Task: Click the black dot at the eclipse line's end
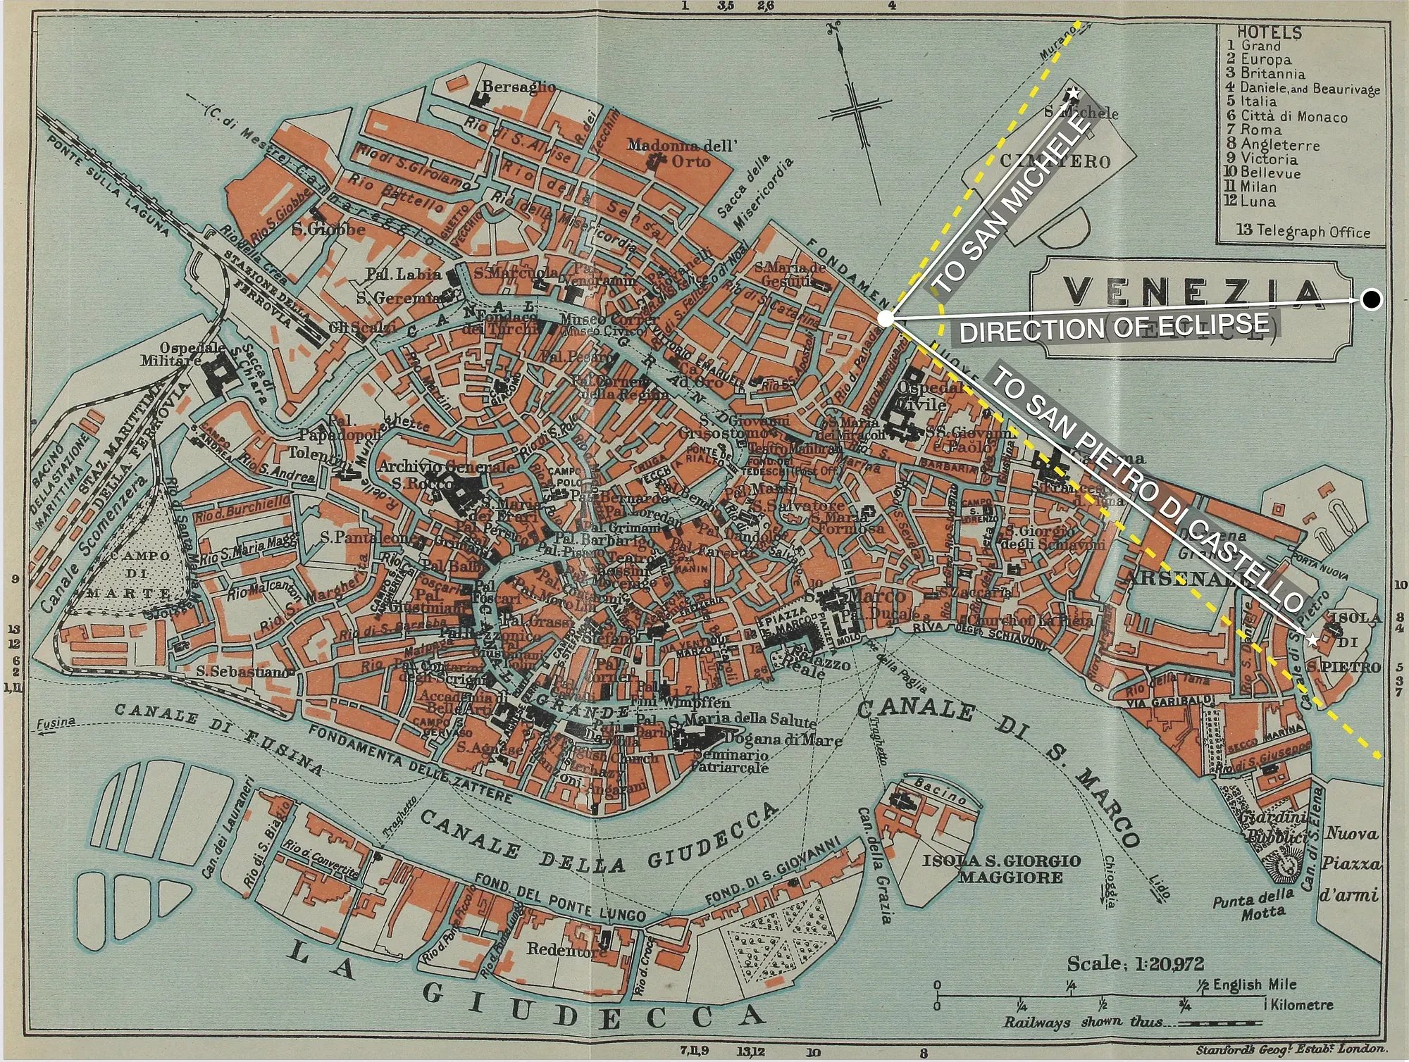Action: pyautogui.click(x=1371, y=301)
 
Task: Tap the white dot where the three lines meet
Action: pyautogui.click(x=886, y=319)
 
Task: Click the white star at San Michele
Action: pyautogui.click(x=1073, y=93)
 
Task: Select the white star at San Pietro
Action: pyautogui.click(x=1312, y=640)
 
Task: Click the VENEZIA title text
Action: pyautogui.click(x=1191, y=291)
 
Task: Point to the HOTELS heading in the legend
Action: pyautogui.click(x=1270, y=32)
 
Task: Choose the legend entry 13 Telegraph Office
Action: pyautogui.click(x=1303, y=232)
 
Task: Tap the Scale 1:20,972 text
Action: pyautogui.click(x=1136, y=963)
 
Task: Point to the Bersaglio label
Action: pyautogui.click(x=519, y=87)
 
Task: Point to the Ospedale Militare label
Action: pyautogui.click(x=180, y=354)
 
